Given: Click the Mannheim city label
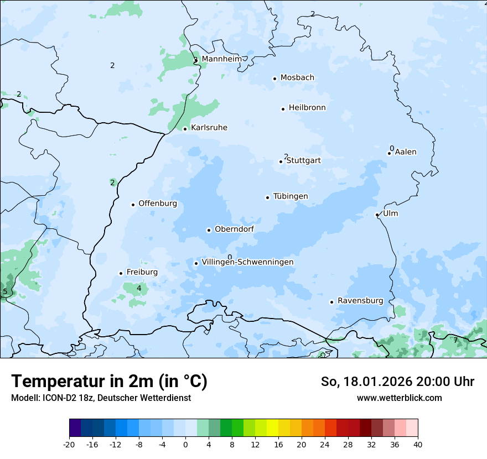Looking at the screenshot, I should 221,59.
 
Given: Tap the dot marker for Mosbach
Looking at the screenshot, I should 274,79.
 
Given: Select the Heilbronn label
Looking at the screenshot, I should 307,108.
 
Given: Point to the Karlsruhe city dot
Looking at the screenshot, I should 185,129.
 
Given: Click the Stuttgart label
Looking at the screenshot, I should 303,160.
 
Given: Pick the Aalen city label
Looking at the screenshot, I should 406,152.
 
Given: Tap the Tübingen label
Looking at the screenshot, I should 291,196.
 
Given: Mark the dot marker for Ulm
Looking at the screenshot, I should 377,215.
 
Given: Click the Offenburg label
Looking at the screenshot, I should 158,204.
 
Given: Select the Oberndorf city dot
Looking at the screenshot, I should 209,230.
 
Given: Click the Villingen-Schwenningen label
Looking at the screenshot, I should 247,262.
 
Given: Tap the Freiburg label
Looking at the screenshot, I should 142,272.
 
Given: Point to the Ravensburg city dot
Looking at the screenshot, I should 331,302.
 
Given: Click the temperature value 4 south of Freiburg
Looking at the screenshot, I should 139,288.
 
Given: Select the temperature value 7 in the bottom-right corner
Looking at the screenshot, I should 455,340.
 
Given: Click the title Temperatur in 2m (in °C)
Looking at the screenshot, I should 109,381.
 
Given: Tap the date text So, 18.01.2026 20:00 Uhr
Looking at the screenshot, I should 397,382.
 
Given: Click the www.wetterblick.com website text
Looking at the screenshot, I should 399,398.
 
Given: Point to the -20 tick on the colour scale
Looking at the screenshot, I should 69,444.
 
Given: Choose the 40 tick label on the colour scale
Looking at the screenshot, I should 418,444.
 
